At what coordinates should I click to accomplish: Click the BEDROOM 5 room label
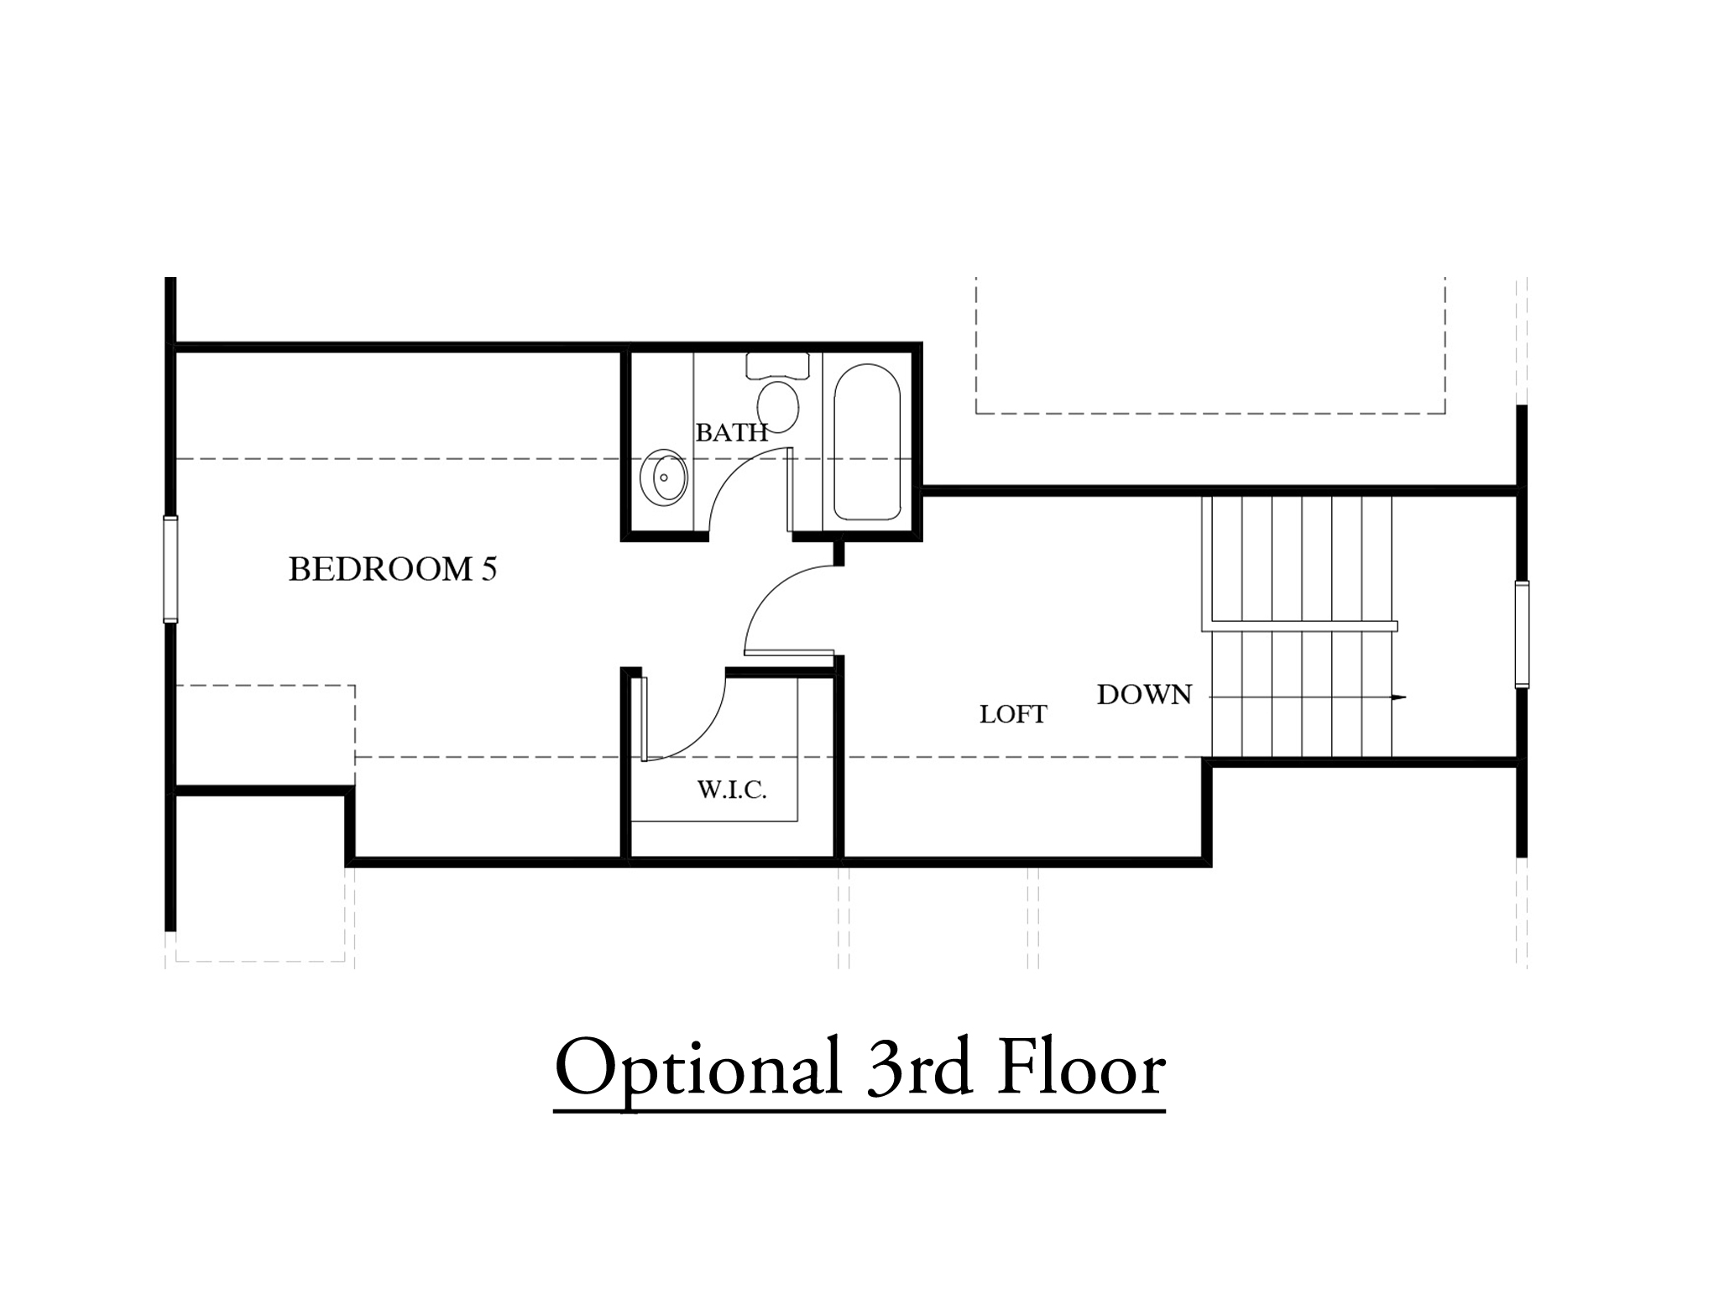pyautogui.click(x=393, y=569)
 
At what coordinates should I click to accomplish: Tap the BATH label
pyautogui.click(x=732, y=432)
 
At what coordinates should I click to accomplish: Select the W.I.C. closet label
pyautogui.click(x=732, y=790)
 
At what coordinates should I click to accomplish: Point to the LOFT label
pyautogui.click(x=1013, y=714)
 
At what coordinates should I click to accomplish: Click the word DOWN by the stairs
pyautogui.click(x=1145, y=695)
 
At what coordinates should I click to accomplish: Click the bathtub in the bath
pyautogui.click(x=867, y=442)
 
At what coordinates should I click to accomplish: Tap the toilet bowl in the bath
pyautogui.click(x=778, y=406)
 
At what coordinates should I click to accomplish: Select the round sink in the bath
pyautogui.click(x=663, y=478)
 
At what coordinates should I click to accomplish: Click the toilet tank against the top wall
pyautogui.click(x=778, y=365)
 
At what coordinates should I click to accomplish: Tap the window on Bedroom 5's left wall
pyautogui.click(x=170, y=569)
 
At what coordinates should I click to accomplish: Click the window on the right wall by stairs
pyautogui.click(x=1522, y=634)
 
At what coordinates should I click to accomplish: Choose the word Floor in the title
pyautogui.click(x=1081, y=1066)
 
